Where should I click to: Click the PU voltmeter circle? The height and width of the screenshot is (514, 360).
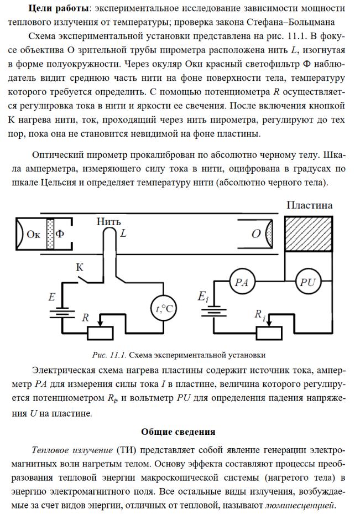(x=308, y=282)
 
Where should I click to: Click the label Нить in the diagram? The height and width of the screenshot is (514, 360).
(x=108, y=221)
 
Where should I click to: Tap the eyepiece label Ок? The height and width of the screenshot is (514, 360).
(x=34, y=233)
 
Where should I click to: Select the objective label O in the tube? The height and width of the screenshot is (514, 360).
(x=255, y=233)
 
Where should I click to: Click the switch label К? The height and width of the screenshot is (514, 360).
(x=80, y=267)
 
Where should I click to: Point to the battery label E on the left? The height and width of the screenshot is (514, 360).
(x=51, y=297)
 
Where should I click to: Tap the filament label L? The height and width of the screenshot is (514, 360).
(x=123, y=233)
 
